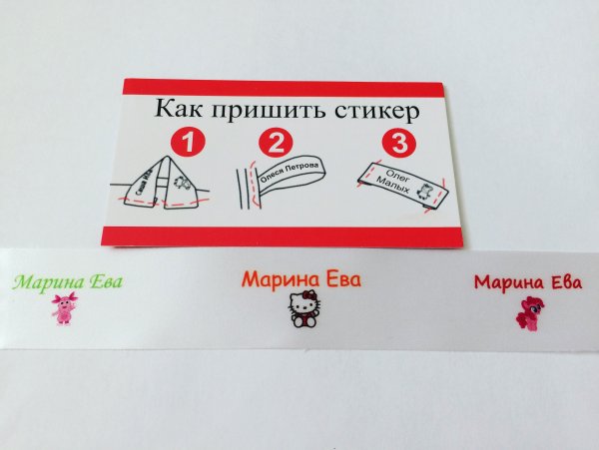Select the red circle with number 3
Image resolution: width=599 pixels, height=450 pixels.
(399, 142)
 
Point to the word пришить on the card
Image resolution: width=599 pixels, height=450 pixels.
(263, 110)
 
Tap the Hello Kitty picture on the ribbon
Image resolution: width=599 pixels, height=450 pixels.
(303, 311)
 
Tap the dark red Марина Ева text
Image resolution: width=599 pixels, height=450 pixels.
(527, 282)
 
